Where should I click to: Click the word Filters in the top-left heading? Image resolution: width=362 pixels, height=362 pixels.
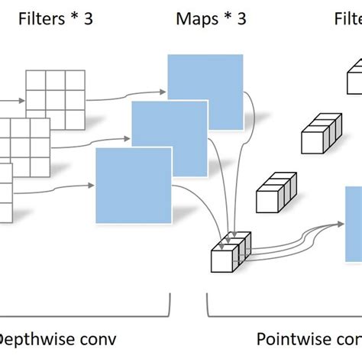(43, 18)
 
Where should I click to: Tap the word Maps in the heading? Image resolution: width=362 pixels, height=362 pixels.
(195, 18)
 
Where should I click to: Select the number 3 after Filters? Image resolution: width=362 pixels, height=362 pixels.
(89, 18)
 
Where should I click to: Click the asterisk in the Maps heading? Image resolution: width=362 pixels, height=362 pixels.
(223, 18)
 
